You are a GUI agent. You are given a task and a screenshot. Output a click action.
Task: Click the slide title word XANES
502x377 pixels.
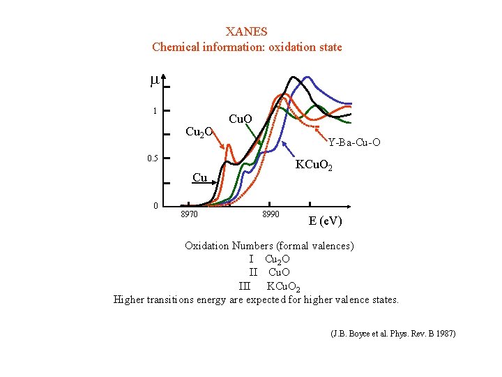[247, 31]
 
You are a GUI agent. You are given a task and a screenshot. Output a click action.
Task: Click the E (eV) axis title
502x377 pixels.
[325, 221]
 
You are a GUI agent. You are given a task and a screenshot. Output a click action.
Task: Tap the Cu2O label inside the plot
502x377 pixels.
[199, 132]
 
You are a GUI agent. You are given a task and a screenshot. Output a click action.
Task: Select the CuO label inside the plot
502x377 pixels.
[240, 119]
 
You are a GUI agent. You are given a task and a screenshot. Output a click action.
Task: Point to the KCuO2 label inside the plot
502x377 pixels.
[319, 166]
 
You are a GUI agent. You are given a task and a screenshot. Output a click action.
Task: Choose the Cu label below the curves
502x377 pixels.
[199, 177]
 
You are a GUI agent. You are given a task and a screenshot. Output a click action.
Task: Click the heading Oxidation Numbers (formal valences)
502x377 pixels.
[269, 246]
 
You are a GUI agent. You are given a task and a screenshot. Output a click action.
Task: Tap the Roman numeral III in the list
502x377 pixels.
[244, 286]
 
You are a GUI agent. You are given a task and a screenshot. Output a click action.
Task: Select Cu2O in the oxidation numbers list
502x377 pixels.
[277, 260]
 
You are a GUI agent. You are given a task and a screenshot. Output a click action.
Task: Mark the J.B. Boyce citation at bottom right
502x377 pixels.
[393, 334]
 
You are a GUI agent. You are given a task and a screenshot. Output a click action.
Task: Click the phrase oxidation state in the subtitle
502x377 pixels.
[307, 47]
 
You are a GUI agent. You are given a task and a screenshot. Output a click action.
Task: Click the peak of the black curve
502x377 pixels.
[294, 77]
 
